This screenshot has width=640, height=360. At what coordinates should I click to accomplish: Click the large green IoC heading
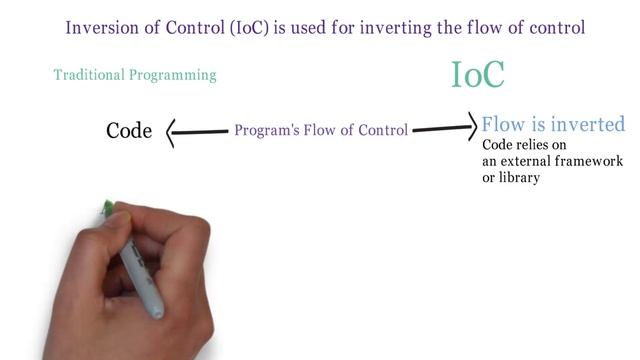click(x=478, y=74)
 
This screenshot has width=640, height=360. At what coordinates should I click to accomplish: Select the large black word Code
click(x=129, y=131)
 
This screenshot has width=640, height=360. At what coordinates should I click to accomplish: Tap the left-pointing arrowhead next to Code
click(x=171, y=131)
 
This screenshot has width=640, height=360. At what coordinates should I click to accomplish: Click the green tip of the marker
click(x=106, y=210)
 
